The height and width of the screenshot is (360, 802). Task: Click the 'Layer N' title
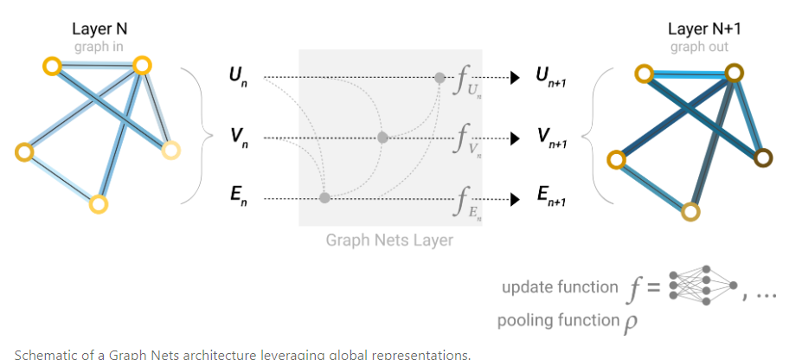pyautogui.click(x=100, y=29)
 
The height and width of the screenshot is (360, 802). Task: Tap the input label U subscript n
pyautogui.click(x=236, y=77)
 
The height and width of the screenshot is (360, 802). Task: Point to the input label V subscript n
pyautogui.click(x=236, y=138)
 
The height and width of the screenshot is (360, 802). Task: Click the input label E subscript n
pyautogui.click(x=236, y=198)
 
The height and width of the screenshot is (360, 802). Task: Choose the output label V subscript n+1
pyautogui.click(x=552, y=138)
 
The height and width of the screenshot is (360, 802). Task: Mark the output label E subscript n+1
pyautogui.click(x=552, y=198)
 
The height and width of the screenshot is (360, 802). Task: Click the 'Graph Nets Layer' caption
pyautogui.click(x=389, y=240)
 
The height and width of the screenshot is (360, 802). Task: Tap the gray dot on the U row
pyautogui.click(x=439, y=78)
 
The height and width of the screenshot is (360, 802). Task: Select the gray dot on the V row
pyautogui.click(x=382, y=138)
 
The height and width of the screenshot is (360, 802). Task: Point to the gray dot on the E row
pyautogui.click(x=324, y=198)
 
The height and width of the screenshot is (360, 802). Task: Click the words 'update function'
pyautogui.click(x=560, y=287)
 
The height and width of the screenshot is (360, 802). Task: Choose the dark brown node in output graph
pyautogui.click(x=763, y=157)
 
